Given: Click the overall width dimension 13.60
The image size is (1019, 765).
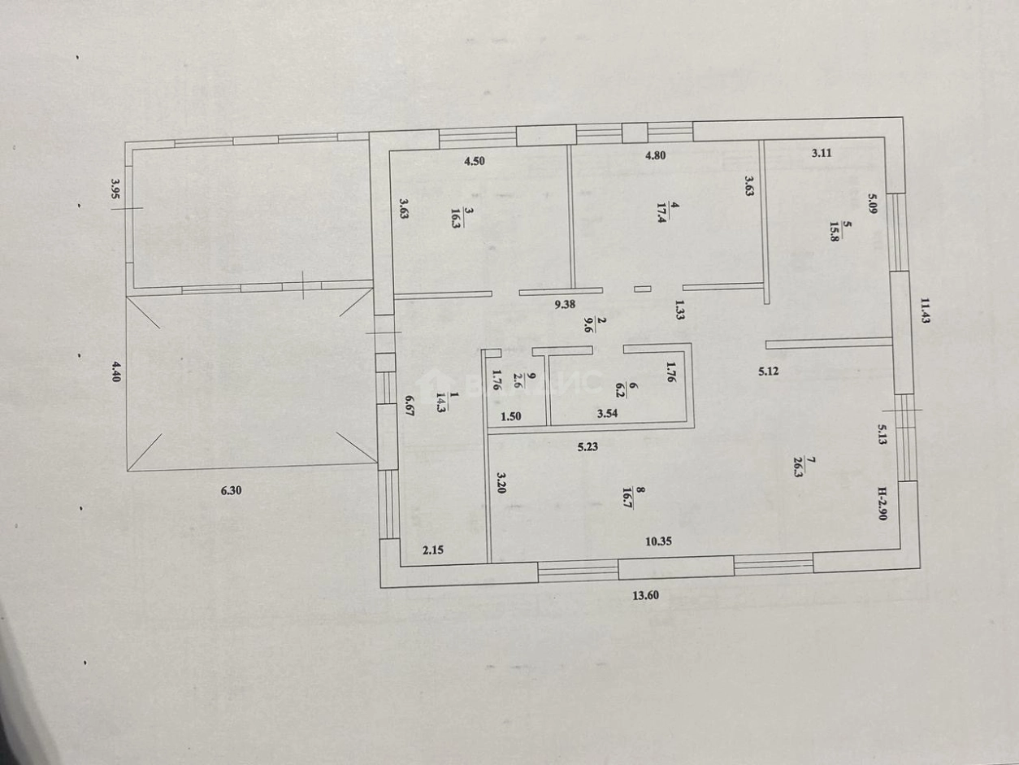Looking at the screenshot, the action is click(646, 595).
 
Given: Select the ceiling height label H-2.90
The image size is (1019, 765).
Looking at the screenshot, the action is click(882, 503).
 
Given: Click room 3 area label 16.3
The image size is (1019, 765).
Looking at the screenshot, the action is click(456, 217).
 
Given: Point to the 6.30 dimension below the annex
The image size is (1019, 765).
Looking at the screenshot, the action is click(232, 490).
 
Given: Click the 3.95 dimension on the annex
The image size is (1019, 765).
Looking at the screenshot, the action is click(115, 189).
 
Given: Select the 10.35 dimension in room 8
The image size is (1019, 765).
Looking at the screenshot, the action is click(659, 541).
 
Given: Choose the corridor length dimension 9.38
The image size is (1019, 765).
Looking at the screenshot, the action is click(565, 305).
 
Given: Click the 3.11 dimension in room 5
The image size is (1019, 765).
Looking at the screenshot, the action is click(822, 153).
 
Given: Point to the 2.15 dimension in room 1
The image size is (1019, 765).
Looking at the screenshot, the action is click(433, 550).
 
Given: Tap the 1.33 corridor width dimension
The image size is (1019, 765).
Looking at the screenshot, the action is click(679, 310).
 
